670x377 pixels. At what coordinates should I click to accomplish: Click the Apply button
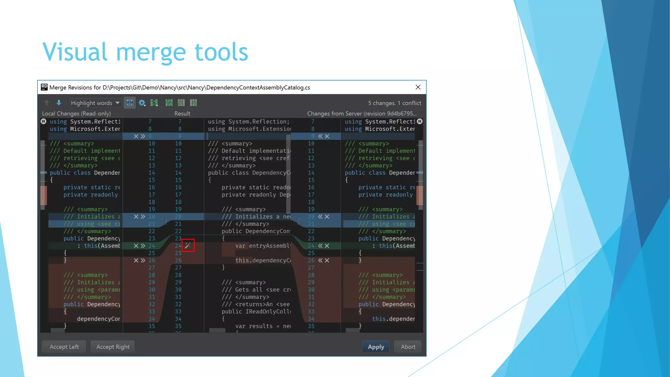(x=376, y=347)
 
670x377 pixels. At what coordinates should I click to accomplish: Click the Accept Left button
(x=64, y=347)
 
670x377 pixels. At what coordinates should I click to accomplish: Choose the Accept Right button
(x=113, y=347)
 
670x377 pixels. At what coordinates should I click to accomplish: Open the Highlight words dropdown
(x=95, y=103)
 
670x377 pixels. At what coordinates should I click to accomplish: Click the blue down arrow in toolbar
(x=59, y=103)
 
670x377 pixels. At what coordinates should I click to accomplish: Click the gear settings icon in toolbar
(x=142, y=103)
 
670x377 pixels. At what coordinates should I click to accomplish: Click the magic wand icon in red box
(x=188, y=245)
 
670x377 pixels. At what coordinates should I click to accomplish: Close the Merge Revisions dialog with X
(x=418, y=87)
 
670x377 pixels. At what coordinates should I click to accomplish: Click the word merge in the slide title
(x=151, y=52)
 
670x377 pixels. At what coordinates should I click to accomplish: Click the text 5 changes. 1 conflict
(x=394, y=103)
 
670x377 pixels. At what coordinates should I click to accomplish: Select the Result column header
(x=182, y=114)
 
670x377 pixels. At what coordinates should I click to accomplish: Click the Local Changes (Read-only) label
(x=76, y=114)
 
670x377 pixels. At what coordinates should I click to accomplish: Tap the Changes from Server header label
(x=361, y=114)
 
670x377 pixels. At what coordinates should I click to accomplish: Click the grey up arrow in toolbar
(x=47, y=103)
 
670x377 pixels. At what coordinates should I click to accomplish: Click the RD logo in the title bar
(x=44, y=87)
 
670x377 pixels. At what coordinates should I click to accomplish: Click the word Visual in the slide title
(x=75, y=52)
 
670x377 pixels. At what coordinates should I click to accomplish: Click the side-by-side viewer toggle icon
(x=130, y=103)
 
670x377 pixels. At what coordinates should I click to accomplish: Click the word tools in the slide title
(x=221, y=52)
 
